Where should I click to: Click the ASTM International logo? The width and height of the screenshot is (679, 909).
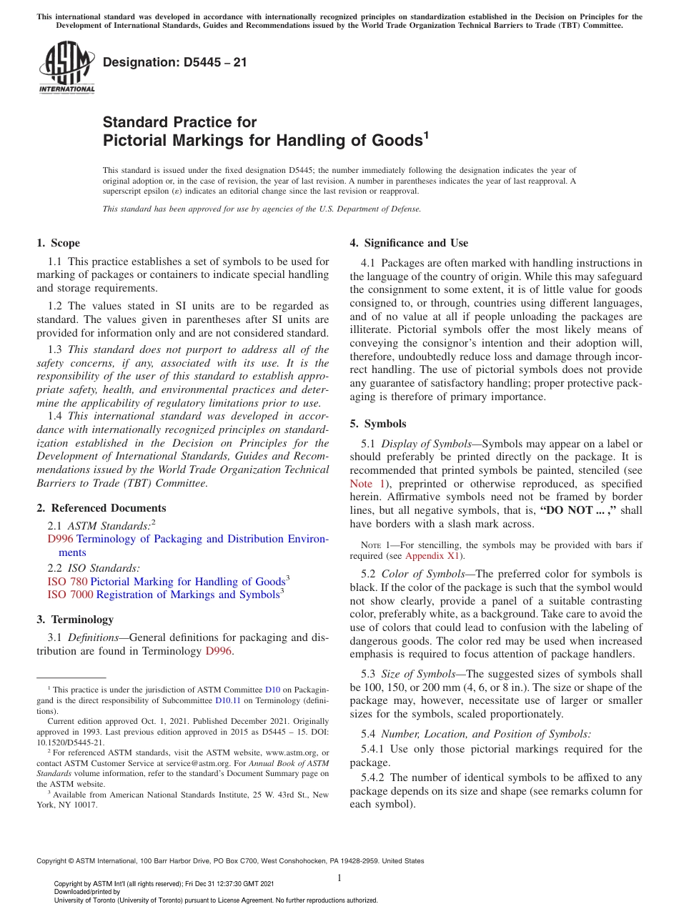[x=66, y=68]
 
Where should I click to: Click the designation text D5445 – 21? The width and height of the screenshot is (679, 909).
[x=175, y=62]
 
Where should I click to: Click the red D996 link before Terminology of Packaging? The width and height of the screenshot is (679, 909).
[x=60, y=539]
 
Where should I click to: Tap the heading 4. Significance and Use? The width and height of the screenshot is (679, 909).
[x=409, y=243]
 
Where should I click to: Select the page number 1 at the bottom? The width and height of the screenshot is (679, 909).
[x=339, y=878]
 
